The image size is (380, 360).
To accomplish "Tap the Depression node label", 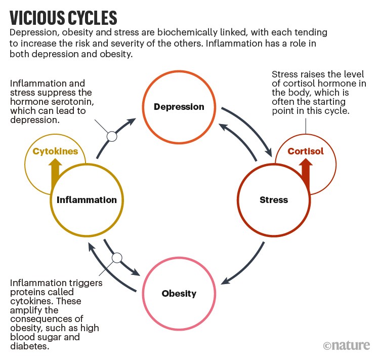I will pyautogui.click(x=179, y=107).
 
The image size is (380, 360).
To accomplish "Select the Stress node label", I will pyautogui.click(x=273, y=199).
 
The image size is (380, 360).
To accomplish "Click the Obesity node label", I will pyautogui.click(x=179, y=293).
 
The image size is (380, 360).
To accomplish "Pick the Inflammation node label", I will pyautogui.click(x=87, y=199).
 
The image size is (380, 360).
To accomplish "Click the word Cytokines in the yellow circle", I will pyautogui.click(x=55, y=151).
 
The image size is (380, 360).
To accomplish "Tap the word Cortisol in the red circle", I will pyautogui.click(x=305, y=151).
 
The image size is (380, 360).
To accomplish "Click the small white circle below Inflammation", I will pyautogui.click(x=117, y=258).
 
